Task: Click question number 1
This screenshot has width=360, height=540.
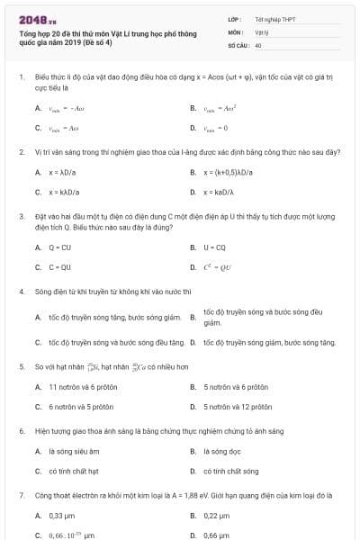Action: click(21, 77)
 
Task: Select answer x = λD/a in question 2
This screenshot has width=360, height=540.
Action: click(64, 172)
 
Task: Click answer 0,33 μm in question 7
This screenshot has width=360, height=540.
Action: click(61, 516)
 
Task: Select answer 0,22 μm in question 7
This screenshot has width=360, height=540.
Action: click(217, 516)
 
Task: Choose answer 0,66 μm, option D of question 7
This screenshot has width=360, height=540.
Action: click(217, 535)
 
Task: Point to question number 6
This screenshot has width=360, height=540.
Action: click(21, 431)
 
